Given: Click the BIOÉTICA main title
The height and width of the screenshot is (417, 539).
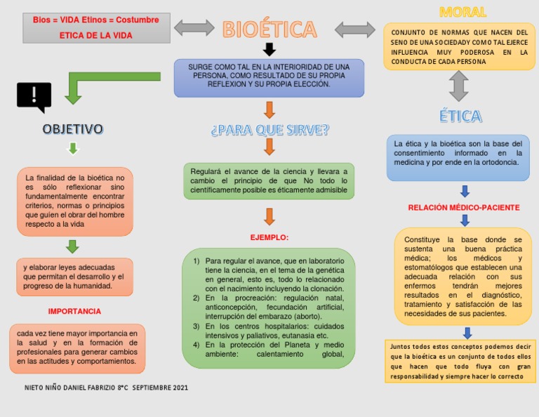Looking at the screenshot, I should pos(270,29).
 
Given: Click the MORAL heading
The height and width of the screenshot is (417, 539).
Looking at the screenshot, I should pos(463,12).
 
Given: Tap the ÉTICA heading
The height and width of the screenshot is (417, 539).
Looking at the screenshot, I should pos(460,117).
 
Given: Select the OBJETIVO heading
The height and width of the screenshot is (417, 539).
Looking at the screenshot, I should pos(72,129).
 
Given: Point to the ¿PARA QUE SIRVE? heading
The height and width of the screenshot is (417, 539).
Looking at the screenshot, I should pos(269,130).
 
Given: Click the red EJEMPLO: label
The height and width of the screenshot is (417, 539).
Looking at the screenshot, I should pos(269,237).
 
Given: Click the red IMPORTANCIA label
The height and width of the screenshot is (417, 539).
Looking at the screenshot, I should pos(74,311).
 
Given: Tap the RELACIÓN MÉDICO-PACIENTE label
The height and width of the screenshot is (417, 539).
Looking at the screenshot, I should pos(464,208).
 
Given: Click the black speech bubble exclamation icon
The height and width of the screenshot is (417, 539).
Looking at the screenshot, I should pos(34,97).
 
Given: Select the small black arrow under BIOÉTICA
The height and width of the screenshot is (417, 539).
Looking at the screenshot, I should pos(269,50).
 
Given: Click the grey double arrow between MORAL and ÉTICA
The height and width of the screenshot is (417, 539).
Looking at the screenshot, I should pos(458,86).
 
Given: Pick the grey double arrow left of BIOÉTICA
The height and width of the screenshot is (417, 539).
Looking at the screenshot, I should pos(194,28).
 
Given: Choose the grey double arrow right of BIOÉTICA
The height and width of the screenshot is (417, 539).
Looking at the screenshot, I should pos(355,29).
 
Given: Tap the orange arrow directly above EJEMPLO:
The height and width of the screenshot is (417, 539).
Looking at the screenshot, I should pos(269,216).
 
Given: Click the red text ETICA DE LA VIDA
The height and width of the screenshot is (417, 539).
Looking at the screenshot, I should pos(95,35).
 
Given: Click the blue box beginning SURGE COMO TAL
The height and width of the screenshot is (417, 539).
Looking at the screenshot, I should pos(269,78).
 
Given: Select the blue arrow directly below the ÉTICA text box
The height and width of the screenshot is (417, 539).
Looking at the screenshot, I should pos(465,191).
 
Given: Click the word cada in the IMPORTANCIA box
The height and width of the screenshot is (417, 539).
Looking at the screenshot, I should pos(25,333).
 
